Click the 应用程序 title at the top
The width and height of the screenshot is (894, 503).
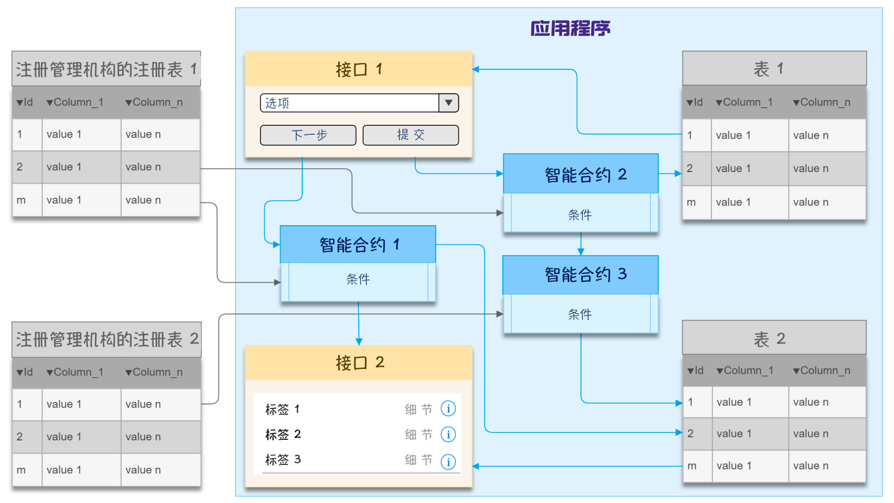(570, 28)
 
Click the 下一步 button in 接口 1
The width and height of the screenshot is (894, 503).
(308, 135)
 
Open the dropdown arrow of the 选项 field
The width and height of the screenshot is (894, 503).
(448, 103)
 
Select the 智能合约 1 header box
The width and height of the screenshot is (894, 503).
(358, 244)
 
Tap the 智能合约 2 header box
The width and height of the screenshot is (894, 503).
(581, 174)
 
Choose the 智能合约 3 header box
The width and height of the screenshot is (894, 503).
(581, 274)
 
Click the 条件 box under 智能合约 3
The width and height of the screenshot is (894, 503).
(581, 314)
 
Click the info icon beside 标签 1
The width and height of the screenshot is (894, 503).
(448, 409)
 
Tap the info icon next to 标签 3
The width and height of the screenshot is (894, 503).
(448, 462)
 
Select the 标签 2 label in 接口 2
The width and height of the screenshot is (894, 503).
(283, 434)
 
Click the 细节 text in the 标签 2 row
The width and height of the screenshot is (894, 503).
(419, 434)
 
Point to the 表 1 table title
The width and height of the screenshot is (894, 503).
(774, 69)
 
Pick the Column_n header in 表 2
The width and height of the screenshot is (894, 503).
(822, 371)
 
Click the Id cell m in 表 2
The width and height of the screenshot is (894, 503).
(692, 466)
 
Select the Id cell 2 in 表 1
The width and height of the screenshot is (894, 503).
(690, 168)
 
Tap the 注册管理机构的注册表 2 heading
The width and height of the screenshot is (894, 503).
(107, 339)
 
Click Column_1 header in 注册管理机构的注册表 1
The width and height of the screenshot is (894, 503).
(75, 102)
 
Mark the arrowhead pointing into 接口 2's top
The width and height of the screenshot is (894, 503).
(359, 341)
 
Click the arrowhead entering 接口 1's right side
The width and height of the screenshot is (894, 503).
(476, 69)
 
